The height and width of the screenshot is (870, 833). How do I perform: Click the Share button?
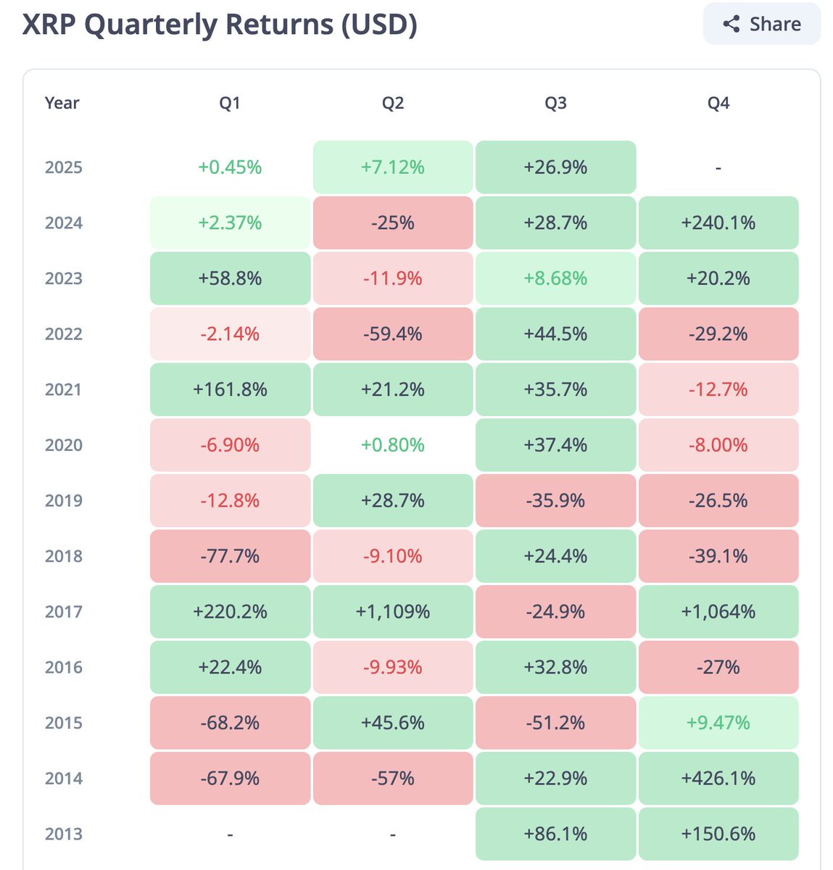(x=761, y=24)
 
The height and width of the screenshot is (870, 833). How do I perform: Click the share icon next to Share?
(x=732, y=24)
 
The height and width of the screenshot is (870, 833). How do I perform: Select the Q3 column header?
(x=555, y=103)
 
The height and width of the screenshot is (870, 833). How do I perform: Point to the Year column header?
(x=62, y=103)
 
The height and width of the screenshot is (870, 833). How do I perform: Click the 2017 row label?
(x=64, y=612)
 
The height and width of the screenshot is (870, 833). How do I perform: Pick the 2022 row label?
(x=64, y=334)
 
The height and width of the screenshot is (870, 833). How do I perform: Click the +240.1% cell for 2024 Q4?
(x=718, y=223)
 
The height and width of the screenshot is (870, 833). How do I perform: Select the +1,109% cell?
(x=393, y=612)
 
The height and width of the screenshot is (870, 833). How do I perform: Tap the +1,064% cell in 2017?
(x=718, y=612)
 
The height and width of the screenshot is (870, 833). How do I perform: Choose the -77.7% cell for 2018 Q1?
(x=230, y=556)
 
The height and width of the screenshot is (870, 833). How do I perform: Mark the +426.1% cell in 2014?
(x=718, y=779)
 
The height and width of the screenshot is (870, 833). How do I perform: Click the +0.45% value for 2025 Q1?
(x=230, y=167)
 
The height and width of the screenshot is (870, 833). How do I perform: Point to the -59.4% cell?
(x=393, y=334)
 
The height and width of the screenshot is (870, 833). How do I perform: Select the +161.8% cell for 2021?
(x=230, y=389)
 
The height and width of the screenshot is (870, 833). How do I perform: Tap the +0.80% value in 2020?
(x=393, y=445)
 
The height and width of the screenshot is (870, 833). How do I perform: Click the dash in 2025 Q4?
(x=718, y=167)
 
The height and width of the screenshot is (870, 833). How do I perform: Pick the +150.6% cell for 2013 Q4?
(x=718, y=834)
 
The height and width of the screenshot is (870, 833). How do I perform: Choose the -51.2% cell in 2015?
(x=555, y=723)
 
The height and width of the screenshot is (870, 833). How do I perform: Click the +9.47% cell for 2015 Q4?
(x=718, y=723)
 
